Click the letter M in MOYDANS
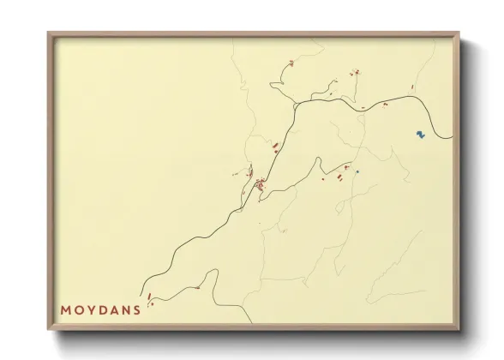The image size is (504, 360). coord(66,309)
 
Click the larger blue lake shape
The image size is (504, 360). coord(419,134)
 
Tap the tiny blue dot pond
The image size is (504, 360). coord(357,171)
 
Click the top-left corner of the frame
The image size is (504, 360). coord(49,33)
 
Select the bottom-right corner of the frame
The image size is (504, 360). coord(459,331)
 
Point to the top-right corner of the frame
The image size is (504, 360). coord(459,33)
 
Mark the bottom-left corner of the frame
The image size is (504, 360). coord(49,331)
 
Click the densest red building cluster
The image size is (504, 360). coord(260,183)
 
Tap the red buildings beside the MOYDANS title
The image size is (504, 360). coord(150,298)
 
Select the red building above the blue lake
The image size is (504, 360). coord(412,87)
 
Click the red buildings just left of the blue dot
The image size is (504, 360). coord(346,167)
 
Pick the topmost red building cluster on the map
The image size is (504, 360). coord(292,63)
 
